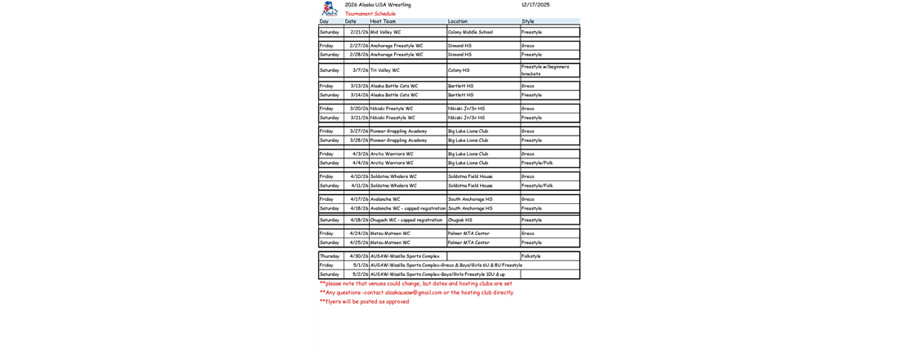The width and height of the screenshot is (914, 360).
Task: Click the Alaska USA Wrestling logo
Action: [330, 11]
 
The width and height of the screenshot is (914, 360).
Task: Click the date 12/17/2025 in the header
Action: [535, 5]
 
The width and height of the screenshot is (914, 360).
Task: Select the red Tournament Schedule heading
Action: [370, 14]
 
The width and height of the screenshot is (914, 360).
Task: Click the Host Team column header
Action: [382, 21]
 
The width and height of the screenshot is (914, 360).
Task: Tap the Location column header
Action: [458, 21]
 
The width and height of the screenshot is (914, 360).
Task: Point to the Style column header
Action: [528, 21]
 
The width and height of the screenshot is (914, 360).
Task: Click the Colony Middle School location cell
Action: [470, 33]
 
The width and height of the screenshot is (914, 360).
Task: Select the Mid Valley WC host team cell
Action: [385, 33]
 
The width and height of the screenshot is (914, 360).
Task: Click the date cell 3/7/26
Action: [360, 70]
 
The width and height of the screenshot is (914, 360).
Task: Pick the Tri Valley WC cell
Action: [385, 70]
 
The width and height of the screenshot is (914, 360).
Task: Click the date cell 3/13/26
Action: [359, 86]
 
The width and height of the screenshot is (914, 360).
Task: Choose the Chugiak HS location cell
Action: [460, 220]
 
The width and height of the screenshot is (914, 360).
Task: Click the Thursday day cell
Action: [329, 256]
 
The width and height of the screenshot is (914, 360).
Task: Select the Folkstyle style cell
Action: [531, 256]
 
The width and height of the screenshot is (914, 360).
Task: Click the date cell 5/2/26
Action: [360, 274]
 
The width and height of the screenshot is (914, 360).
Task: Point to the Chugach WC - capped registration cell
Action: [406, 220]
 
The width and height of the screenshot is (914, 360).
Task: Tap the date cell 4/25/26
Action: [359, 242]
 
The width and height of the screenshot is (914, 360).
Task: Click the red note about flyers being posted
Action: [364, 301]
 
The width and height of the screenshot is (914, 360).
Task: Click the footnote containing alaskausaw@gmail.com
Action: [416, 292]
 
